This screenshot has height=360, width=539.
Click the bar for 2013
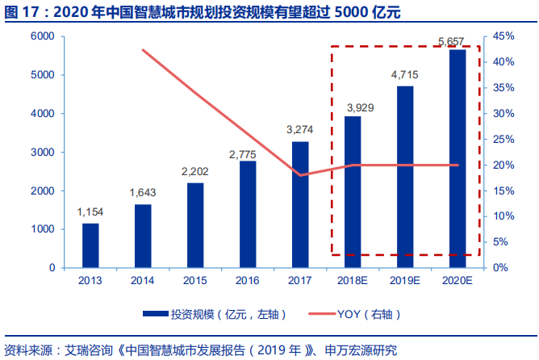pyautogui.click(x=90, y=245)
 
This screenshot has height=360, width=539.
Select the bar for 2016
pyautogui.click(x=248, y=214)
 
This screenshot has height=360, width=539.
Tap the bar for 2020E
pyautogui.click(x=458, y=158)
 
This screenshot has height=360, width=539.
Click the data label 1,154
pyautogui.click(x=90, y=212)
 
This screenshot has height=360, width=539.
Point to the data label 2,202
pyautogui.click(x=195, y=172)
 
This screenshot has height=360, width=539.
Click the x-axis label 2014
pyautogui.click(x=143, y=280)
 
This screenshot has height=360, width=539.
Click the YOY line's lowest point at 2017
pyautogui.click(x=300, y=175)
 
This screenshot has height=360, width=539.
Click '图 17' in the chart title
pyautogui.click(x=20, y=12)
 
